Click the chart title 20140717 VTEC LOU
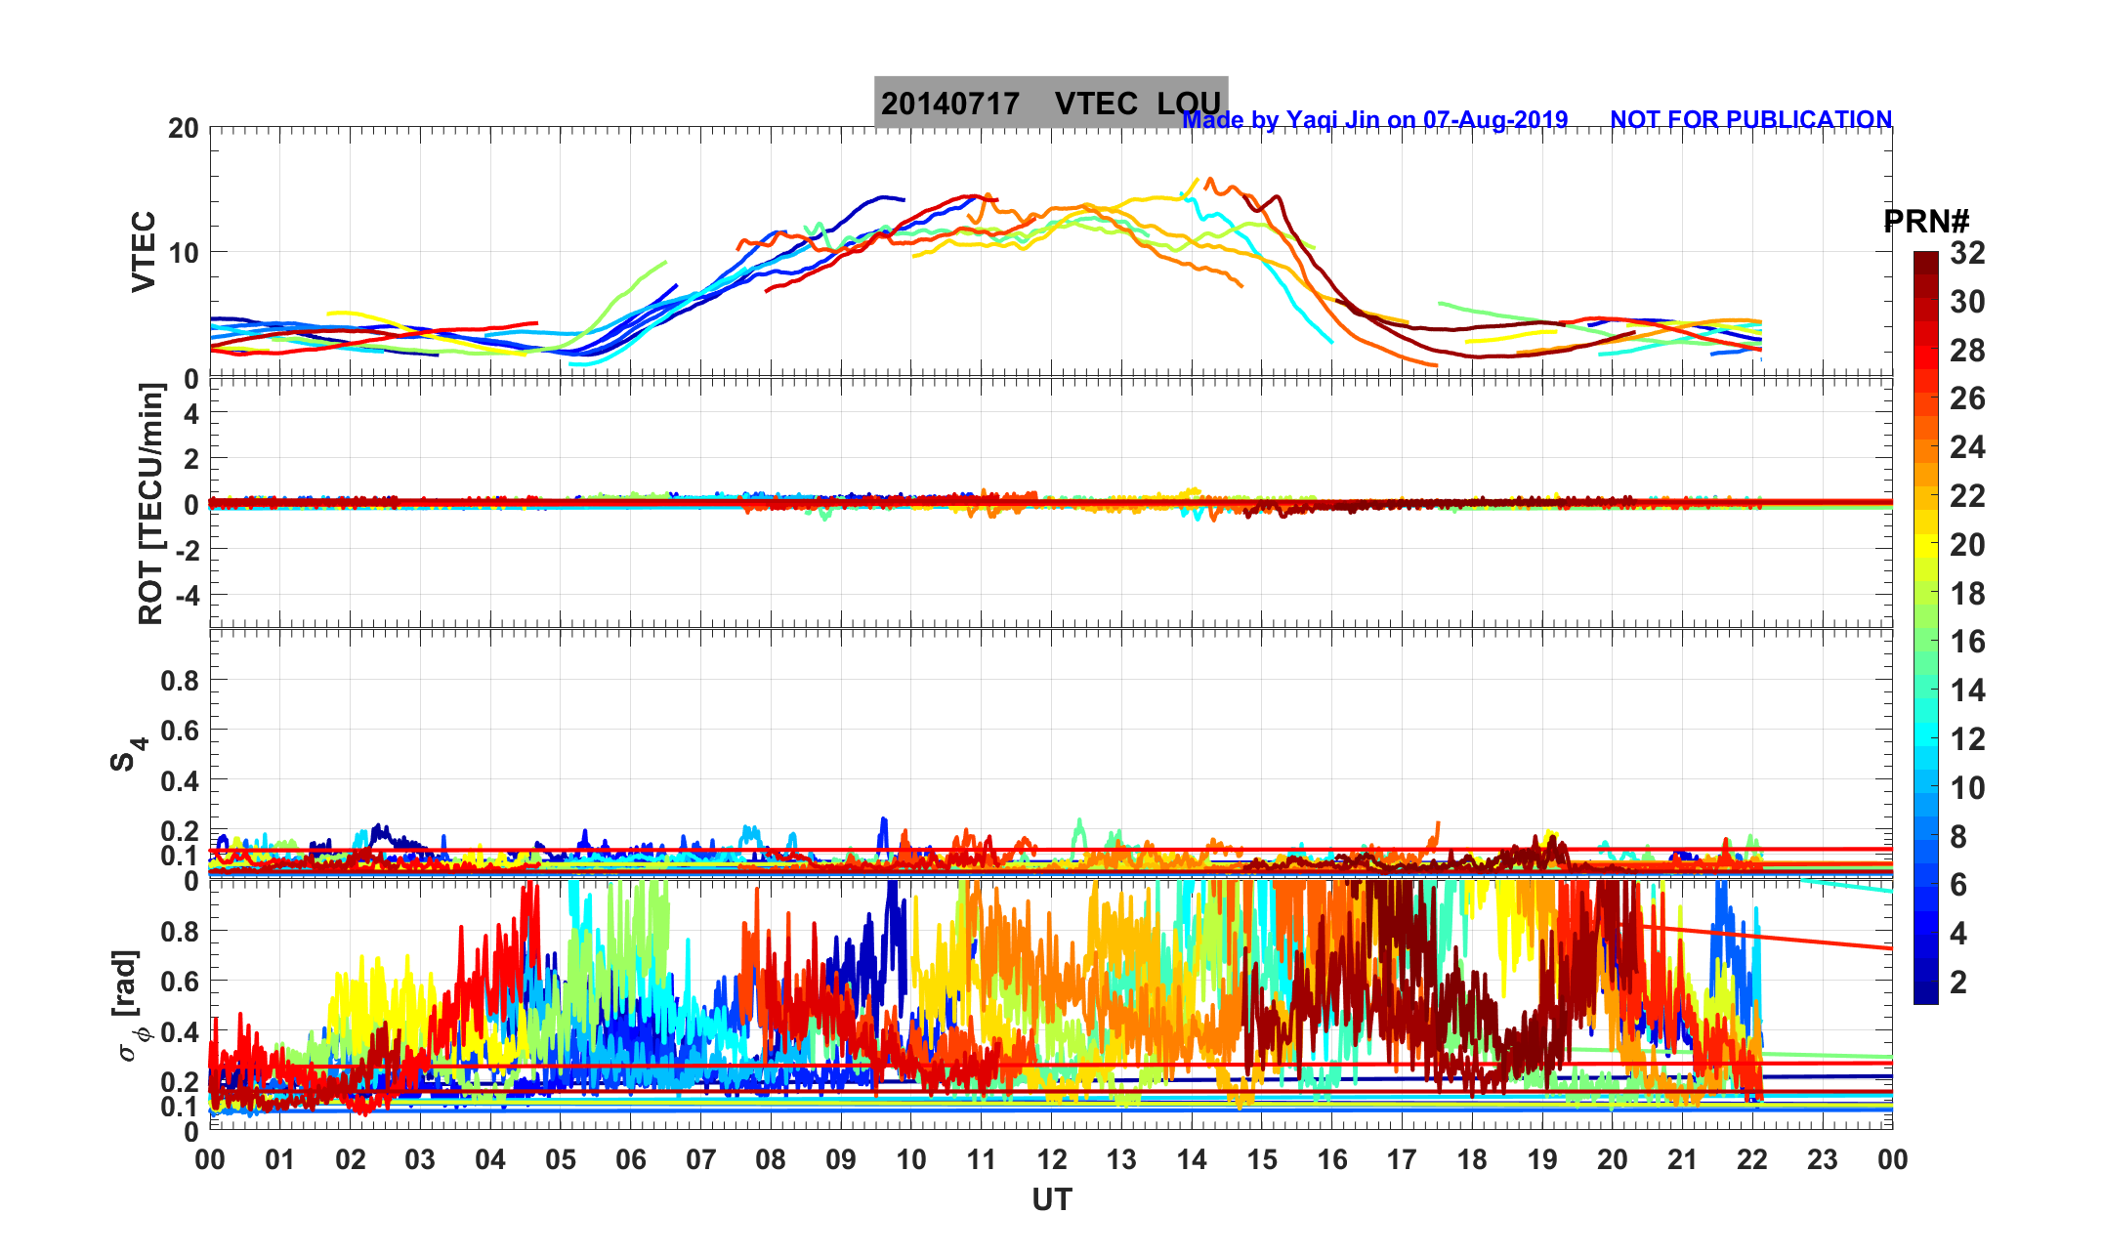1050,104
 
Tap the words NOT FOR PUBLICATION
1750,120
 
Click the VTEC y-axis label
144,251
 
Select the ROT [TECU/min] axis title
150,504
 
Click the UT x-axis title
1052,1199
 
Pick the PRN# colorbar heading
1926,222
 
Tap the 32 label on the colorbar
1967,254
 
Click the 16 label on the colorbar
1967,642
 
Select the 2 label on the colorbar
1958,982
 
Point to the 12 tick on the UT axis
1052,1160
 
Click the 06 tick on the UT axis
631,1160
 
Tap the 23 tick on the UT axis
1823,1160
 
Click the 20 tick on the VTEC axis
183,128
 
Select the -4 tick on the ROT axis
186,595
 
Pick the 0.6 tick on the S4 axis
180,731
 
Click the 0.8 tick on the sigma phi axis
180,932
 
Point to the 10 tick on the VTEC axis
183,253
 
